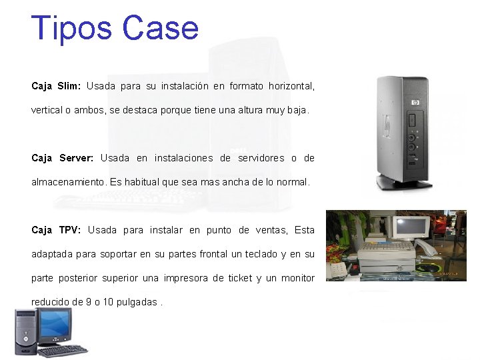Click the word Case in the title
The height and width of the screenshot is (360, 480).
pos(161,29)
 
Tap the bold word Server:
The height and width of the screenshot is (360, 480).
pos(77,158)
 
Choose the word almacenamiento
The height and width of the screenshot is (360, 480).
pos(68,181)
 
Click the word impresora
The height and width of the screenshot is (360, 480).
pos(186,278)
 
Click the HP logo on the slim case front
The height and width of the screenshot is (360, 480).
pos(415,103)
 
